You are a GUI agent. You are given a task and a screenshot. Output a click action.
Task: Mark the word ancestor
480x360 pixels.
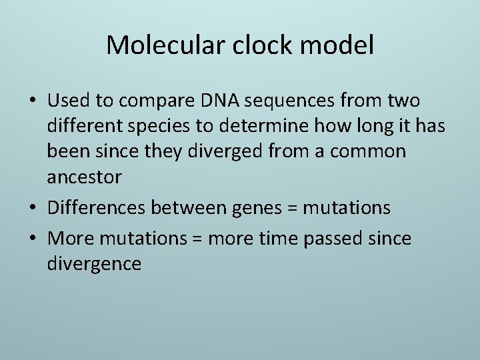pyautogui.click(x=85, y=177)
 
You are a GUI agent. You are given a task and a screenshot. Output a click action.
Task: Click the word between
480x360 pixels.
pyautogui.click(x=189, y=207)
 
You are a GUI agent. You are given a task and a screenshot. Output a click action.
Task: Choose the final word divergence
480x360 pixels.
pyautogui.click(x=94, y=264)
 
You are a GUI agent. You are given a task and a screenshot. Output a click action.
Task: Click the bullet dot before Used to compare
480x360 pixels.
pyautogui.click(x=34, y=101)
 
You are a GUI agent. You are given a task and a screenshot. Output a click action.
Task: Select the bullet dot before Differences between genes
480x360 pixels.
pyautogui.click(x=34, y=208)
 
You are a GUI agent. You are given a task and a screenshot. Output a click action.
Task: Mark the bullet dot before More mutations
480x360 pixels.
pyautogui.click(x=34, y=239)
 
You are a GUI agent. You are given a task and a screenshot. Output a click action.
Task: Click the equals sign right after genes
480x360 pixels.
pyautogui.click(x=293, y=208)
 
